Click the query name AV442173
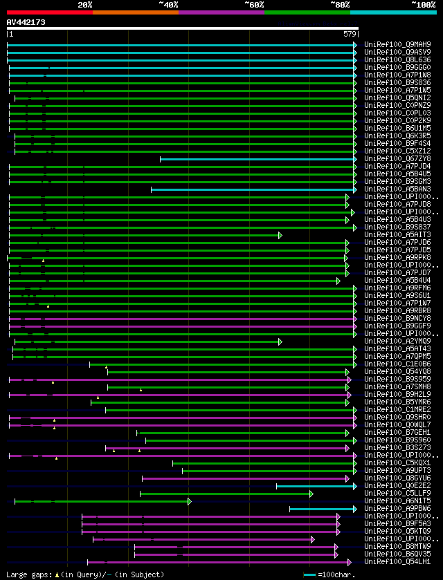(26, 22)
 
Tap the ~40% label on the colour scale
(168, 4)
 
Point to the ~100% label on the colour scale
(424, 4)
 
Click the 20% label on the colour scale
(85, 4)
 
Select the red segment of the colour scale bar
(49, 12)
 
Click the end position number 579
(350, 33)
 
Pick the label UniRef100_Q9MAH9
(397, 44)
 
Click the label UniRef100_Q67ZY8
(397, 158)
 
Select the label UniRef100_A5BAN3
(397, 189)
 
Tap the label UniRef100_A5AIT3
(397, 234)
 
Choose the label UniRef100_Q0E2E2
(397, 485)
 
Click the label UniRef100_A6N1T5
(397, 501)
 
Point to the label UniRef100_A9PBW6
(397, 508)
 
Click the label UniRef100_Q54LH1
(397, 561)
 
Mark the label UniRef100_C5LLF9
(397, 493)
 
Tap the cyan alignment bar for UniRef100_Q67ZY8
(256, 159)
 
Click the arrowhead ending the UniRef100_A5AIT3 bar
(280, 235)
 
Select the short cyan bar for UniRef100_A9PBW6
(322, 509)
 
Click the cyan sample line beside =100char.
(309, 574)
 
